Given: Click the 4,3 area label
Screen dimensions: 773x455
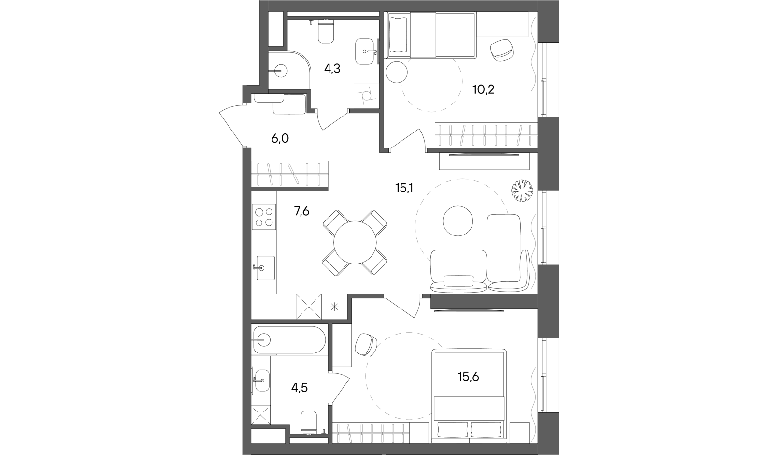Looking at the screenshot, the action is (332, 69).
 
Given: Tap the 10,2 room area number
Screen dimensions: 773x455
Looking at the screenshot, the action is (484, 90).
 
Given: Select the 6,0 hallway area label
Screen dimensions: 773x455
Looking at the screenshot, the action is (280, 139).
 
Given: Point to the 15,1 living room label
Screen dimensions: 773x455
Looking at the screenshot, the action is (404, 188).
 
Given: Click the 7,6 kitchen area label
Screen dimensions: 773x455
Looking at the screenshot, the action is (301, 211).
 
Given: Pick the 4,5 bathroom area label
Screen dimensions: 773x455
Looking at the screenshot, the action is (299, 388).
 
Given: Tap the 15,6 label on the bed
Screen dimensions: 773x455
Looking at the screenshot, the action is (468, 377).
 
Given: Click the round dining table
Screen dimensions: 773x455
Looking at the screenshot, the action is (355, 242).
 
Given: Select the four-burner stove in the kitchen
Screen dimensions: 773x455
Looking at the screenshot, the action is (264, 217).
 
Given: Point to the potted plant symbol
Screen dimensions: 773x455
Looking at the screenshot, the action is (522, 191).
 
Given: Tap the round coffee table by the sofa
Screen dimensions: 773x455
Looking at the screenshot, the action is (458, 221).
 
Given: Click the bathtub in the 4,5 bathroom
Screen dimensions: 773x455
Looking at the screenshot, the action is (288, 340).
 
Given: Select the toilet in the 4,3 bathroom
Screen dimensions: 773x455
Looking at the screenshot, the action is (326, 30).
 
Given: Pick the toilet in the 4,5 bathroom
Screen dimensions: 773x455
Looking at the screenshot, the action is (309, 422).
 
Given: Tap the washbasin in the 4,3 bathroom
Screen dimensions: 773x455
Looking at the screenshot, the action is (364, 51).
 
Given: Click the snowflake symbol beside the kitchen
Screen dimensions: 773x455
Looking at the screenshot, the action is (334, 307).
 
